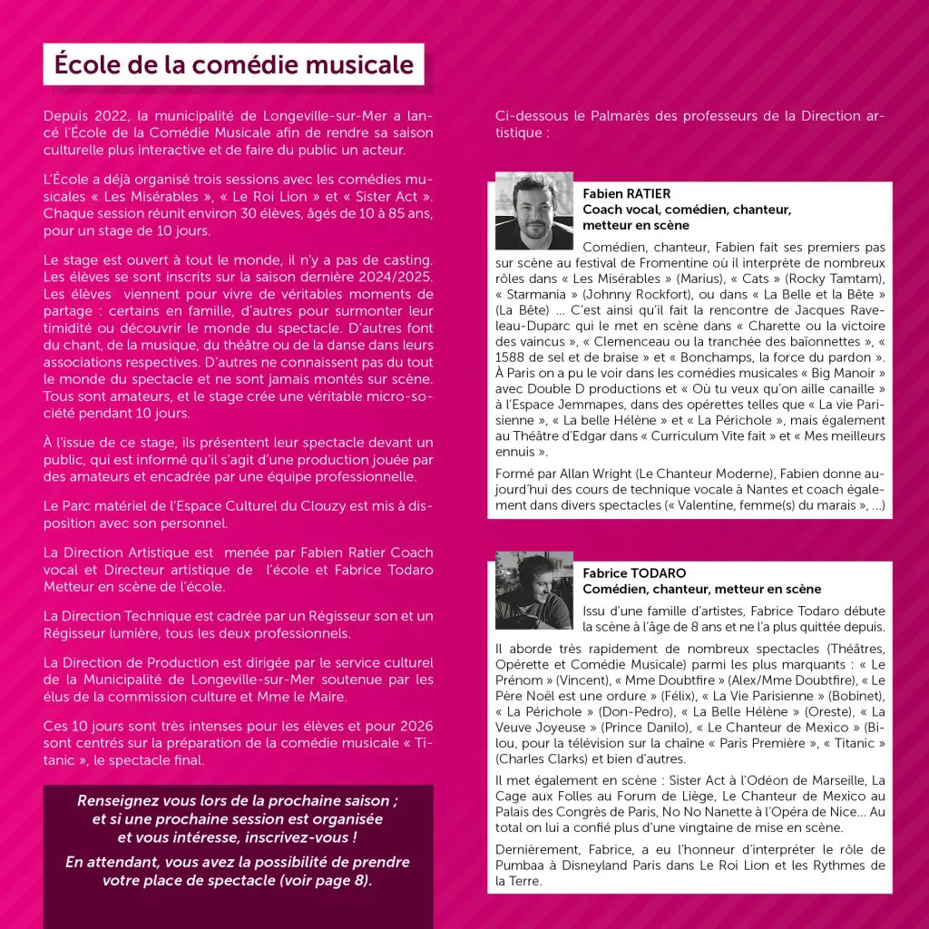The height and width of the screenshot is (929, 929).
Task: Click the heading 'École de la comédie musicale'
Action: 233,65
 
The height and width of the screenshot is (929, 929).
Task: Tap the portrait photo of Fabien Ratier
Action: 534,210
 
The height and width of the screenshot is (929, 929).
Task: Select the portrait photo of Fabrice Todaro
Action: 534,590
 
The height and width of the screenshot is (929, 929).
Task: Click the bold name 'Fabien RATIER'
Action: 627,194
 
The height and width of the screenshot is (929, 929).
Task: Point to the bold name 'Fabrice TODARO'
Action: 634,573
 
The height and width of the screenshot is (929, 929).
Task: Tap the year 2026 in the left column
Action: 414,726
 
